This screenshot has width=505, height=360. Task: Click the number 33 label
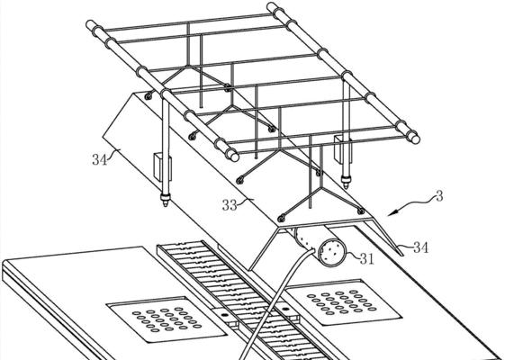tap(230, 205)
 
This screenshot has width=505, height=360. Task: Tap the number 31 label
tap(367, 258)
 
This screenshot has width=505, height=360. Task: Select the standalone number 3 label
tap(439, 196)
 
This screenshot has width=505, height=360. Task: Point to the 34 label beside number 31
tap(421, 247)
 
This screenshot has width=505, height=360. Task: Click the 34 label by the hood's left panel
tap(99, 159)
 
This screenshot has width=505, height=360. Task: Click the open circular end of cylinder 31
tap(332, 253)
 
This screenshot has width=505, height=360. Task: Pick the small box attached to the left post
tap(159, 166)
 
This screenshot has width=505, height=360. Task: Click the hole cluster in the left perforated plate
tap(167, 319)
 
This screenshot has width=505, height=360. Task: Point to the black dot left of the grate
tap(225, 315)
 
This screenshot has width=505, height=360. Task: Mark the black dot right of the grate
tap(284, 310)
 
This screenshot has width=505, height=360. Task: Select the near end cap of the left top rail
tap(232, 155)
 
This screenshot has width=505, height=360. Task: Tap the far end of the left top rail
tap(91, 24)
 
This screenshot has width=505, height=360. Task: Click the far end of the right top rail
tap(272, 6)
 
